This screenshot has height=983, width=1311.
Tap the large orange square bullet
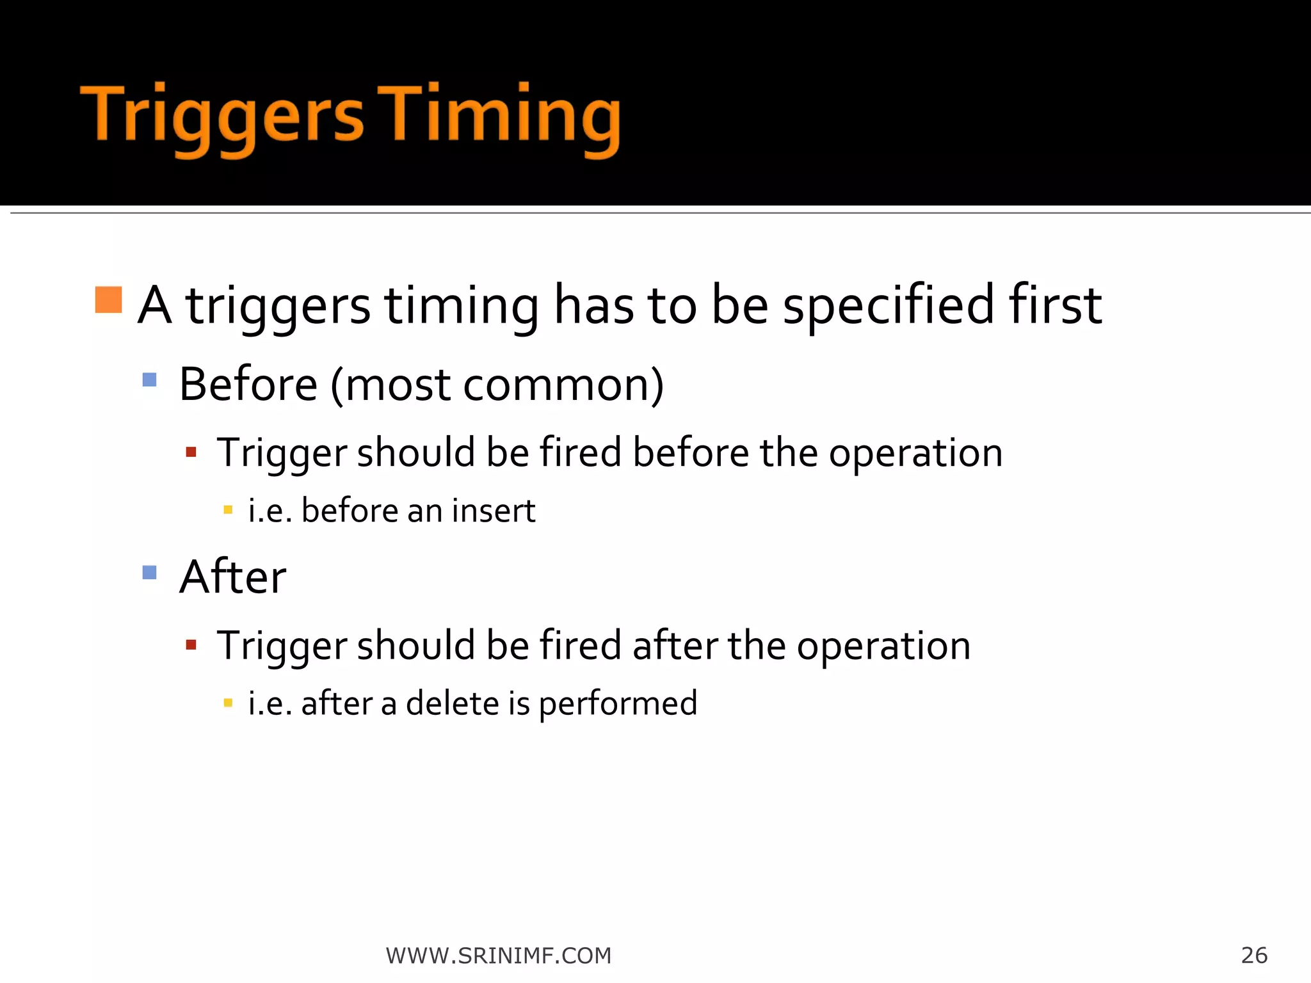[x=108, y=300]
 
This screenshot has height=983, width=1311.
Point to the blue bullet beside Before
[x=150, y=380]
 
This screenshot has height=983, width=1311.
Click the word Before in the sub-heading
[x=248, y=385]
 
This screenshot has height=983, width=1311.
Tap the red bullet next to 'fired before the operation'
[x=191, y=452]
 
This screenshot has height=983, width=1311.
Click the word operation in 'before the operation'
[x=915, y=454]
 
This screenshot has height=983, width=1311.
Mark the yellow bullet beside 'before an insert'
[x=228, y=510]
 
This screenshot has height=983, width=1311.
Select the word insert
[x=494, y=511]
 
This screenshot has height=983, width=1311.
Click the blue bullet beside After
[x=150, y=572]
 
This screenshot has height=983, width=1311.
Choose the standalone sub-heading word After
[x=232, y=577]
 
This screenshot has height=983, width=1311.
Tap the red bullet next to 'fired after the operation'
[x=191, y=644]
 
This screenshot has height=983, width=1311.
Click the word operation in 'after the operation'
[x=883, y=646]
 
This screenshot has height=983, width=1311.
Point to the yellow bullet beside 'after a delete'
[x=228, y=703]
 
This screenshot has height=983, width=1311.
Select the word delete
[x=453, y=703]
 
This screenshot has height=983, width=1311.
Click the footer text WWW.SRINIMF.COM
[x=499, y=955]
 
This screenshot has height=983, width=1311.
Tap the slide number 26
[x=1254, y=955]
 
